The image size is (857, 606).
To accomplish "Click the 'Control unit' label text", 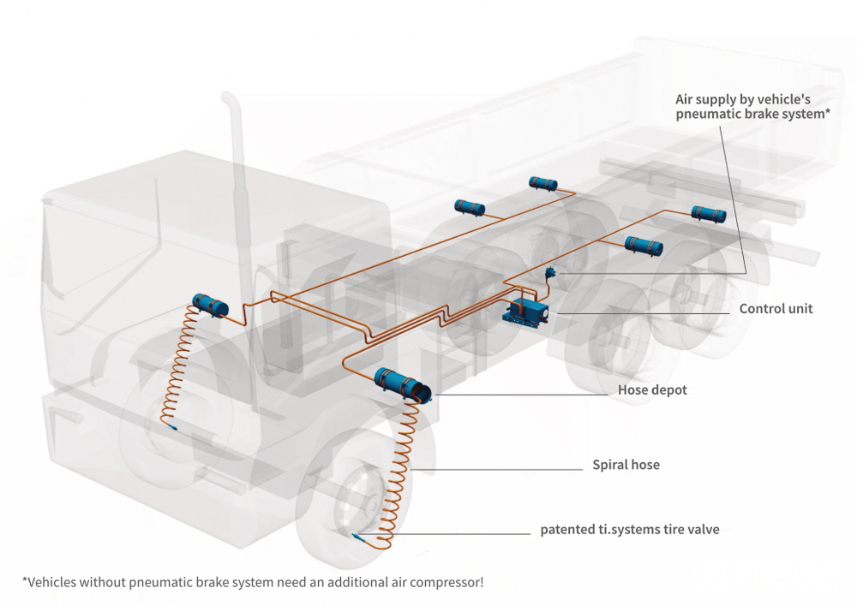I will pyautogui.click(x=776, y=308).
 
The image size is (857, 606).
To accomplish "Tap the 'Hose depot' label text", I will pyautogui.click(x=652, y=390).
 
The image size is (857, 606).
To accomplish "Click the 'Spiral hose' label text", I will pyautogui.click(x=626, y=466).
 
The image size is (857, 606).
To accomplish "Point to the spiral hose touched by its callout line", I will pyautogui.click(x=408, y=466).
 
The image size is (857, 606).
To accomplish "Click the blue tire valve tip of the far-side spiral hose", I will pyautogui.click(x=174, y=427).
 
